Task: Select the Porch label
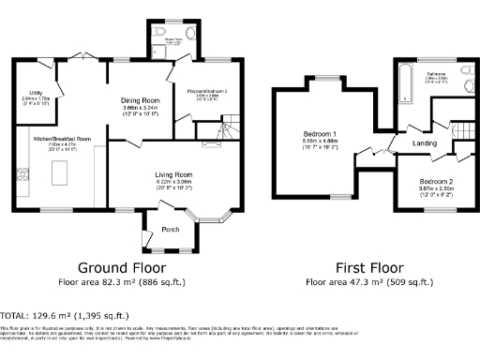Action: point(171,229)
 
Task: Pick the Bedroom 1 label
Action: point(320,133)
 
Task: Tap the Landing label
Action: point(427,143)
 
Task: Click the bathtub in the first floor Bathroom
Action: point(403,83)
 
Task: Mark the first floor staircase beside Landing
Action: point(460,130)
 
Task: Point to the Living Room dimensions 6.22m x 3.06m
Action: point(173,181)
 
